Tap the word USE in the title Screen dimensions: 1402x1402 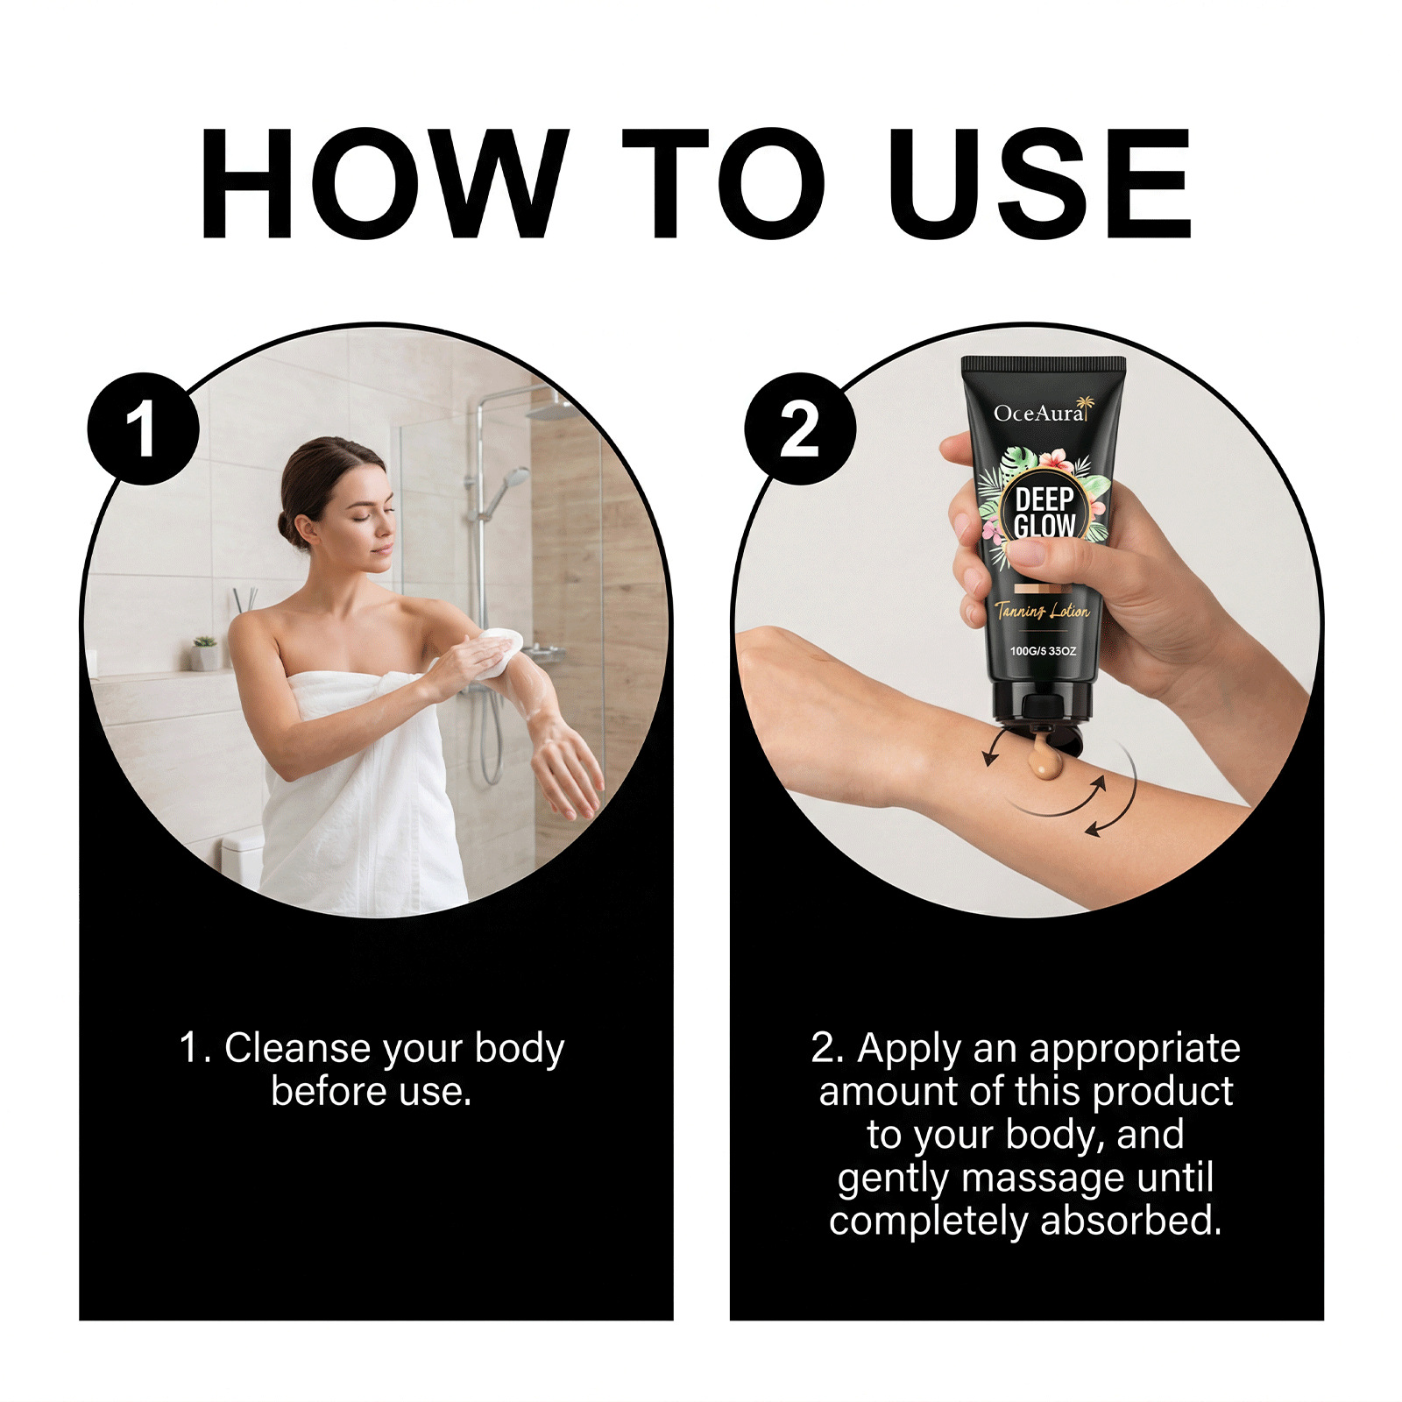click(1040, 183)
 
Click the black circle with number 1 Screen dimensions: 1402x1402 click(144, 428)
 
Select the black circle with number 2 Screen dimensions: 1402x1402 click(800, 428)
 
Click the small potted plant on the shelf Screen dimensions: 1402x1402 click(204, 653)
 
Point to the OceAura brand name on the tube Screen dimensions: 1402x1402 click(1040, 413)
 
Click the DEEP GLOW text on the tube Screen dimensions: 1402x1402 click(1044, 513)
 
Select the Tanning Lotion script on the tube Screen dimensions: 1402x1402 click(1042, 611)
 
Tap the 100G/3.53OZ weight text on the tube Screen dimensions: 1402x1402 click(1043, 651)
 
